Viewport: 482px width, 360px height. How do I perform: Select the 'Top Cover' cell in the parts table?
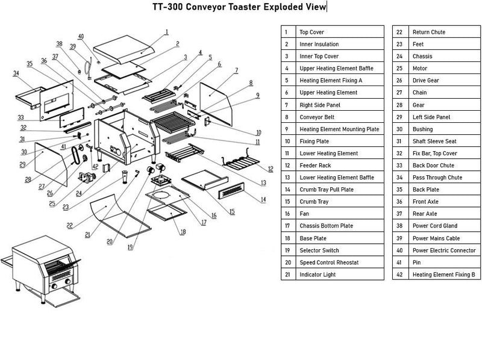tap(311, 32)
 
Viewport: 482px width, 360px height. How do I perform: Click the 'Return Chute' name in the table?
tap(428, 32)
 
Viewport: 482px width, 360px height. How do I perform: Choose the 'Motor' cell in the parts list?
tap(419, 68)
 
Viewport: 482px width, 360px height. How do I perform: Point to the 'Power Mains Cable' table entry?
tap(437, 238)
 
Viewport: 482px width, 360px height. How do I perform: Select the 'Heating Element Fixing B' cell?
tap(443, 275)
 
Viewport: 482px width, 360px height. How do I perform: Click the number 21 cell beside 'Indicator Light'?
tap(288, 275)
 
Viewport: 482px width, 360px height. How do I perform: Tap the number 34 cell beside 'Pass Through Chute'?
tap(399, 178)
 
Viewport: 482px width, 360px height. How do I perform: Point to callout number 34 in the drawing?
tap(16, 73)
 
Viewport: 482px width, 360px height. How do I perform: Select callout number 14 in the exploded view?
tap(263, 199)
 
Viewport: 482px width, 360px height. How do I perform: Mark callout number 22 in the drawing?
tap(70, 226)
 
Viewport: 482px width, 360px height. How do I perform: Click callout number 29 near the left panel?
tap(22, 164)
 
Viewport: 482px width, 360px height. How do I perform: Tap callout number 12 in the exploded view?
tap(271, 169)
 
